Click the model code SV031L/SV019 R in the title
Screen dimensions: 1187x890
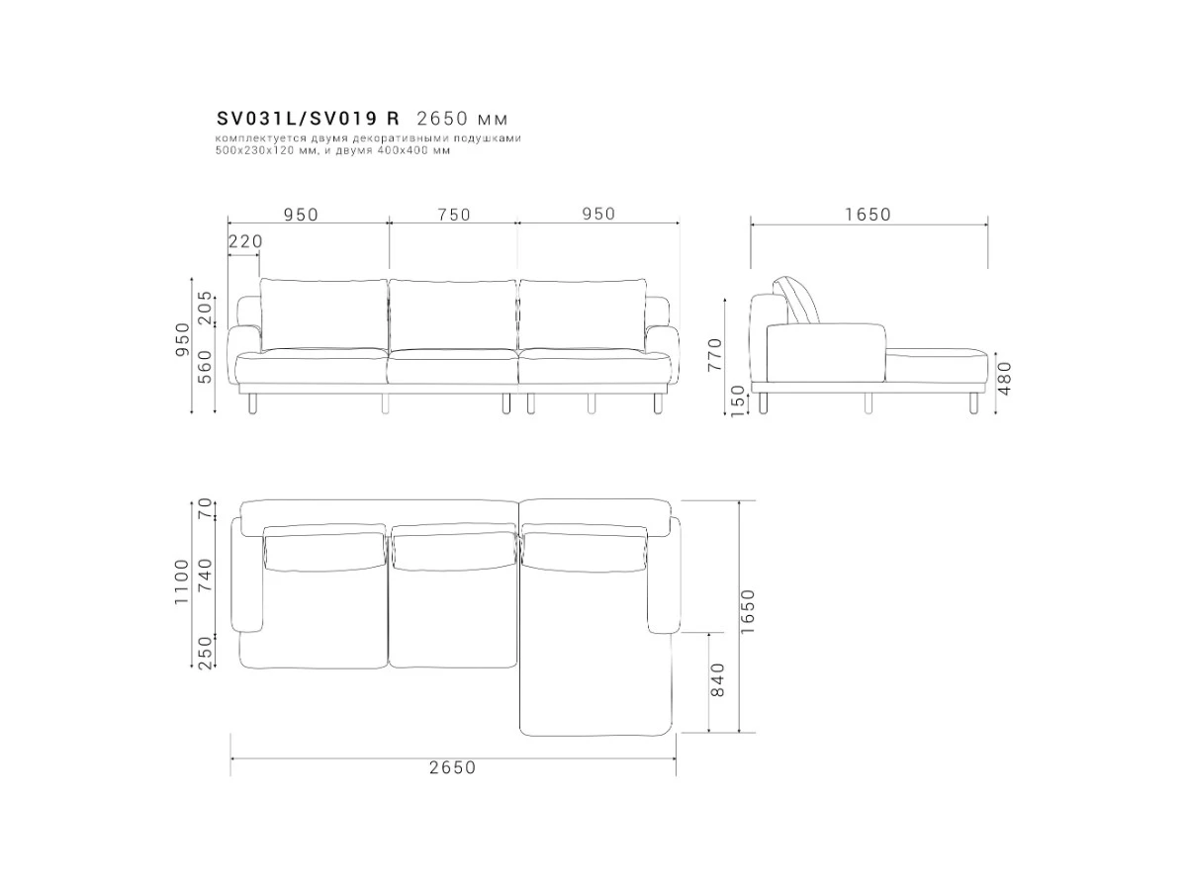308,118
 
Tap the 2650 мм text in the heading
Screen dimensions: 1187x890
462,118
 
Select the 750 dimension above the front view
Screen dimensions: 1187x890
454,215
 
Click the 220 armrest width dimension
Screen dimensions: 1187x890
245,241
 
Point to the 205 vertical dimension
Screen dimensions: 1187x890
205,308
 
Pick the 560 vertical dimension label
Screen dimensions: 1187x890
205,367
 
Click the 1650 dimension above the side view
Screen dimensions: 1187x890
867,215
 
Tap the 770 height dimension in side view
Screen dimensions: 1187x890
715,354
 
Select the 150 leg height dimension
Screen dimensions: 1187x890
738,400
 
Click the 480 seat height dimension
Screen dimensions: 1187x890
1004,379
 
